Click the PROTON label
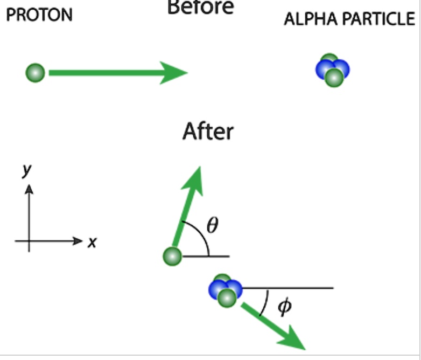[39, 15]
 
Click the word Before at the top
[201, 7]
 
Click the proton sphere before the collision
[36, 72]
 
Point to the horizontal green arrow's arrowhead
[175, 73]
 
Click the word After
[208, 131]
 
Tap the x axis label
[92, 243]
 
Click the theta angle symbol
[213, 225]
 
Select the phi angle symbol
[284, 307]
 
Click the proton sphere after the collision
[172, 255]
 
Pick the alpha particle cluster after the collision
[225, 290]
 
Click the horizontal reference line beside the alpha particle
[291, 288]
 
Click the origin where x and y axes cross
[29, 241]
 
